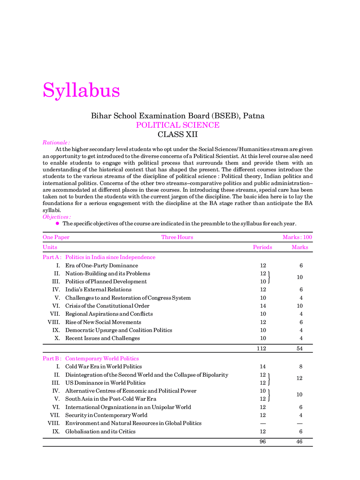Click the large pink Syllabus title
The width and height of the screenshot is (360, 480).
coord(81,90)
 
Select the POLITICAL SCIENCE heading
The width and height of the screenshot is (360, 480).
coord(178,125)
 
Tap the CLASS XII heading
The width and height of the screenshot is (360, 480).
coord(178,134)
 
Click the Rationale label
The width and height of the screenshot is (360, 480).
coord(56,143)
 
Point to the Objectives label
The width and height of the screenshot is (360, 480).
coord(56,217)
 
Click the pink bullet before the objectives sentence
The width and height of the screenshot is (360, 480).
coord(58,223)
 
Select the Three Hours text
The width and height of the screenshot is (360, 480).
coord(177,237)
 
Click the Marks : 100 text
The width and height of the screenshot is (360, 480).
coord(297,237)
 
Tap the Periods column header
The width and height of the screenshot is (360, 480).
coord(262,247)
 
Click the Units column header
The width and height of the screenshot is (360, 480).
coord(50,247)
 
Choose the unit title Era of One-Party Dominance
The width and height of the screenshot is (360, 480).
coord(102,266)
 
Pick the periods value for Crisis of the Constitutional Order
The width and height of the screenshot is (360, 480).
coord(263,306)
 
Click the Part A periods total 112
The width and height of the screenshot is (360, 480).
coord(261,348)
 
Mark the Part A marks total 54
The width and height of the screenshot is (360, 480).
coord(300,348)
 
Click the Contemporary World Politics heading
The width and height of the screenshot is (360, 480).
coord(102,359)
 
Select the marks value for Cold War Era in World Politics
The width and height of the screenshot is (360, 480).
coord(301,367)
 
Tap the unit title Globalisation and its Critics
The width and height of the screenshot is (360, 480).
coord(100,432)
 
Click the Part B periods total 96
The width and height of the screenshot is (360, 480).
coord(263,442)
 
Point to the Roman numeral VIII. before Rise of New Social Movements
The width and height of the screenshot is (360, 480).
coord(54,322)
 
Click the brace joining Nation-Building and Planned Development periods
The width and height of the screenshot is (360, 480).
coord(269,277)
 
